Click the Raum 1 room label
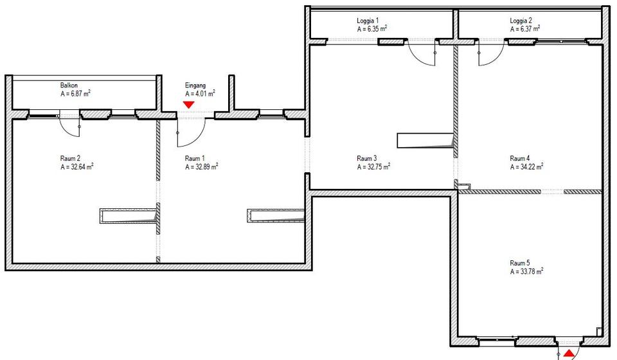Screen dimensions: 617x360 point(195,158)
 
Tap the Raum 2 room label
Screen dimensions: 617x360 point(69,158)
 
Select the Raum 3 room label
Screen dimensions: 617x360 point(366,158)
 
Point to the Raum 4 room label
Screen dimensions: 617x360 point(519,158)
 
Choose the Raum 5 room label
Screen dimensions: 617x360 point(519,263)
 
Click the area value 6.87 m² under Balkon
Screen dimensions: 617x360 point(75,93)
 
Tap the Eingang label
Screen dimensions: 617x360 point(195,85)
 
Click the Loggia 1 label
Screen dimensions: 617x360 point(368,21)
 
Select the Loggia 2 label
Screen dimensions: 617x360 point(521,21)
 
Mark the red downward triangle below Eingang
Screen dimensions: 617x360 point(189,104)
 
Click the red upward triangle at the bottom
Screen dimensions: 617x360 point(568,353)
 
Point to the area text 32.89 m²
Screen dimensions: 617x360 point(201,166)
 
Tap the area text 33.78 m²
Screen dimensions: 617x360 point(526,271)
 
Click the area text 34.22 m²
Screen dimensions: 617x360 point(526,166)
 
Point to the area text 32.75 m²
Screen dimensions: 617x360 point(373,166)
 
